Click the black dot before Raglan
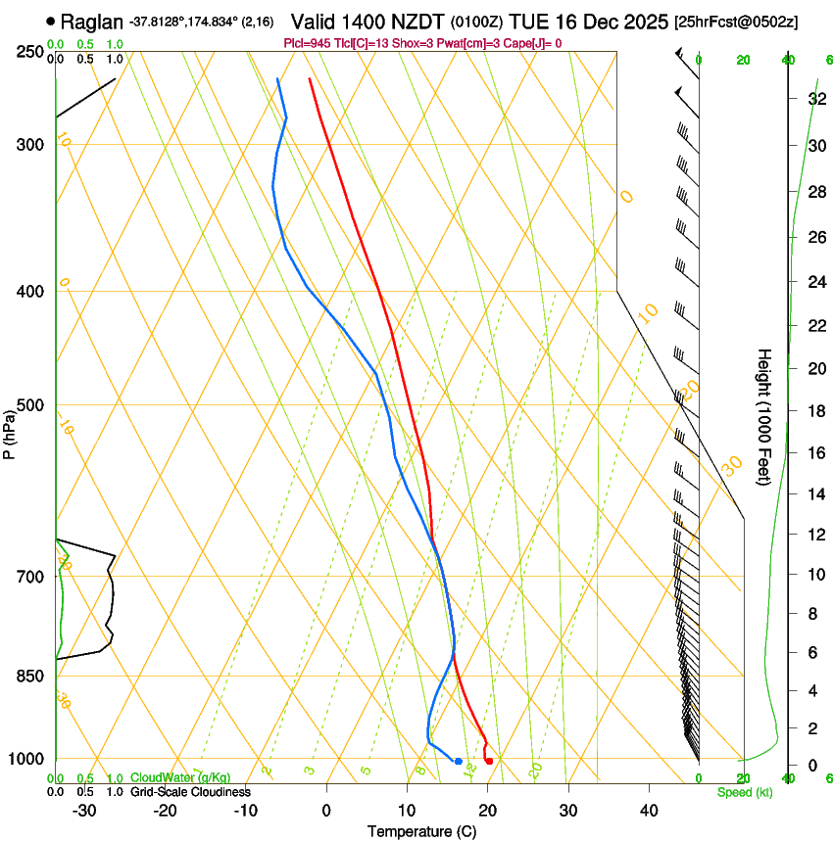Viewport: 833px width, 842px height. (51, 21)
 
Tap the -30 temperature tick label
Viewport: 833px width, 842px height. (84, 810)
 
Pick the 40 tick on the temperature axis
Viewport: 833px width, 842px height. (649, 810)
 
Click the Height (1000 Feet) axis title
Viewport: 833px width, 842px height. (764, 416)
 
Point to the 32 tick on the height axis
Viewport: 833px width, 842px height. (815, 98)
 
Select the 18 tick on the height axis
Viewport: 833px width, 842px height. (815, 410)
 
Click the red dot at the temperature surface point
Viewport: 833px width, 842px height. (489, 761)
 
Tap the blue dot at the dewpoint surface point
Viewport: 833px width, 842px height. (458, 761)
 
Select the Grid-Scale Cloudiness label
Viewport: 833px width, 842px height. (190, 791)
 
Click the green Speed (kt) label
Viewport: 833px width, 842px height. (744, 792)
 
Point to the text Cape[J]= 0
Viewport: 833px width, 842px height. (533, 43)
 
